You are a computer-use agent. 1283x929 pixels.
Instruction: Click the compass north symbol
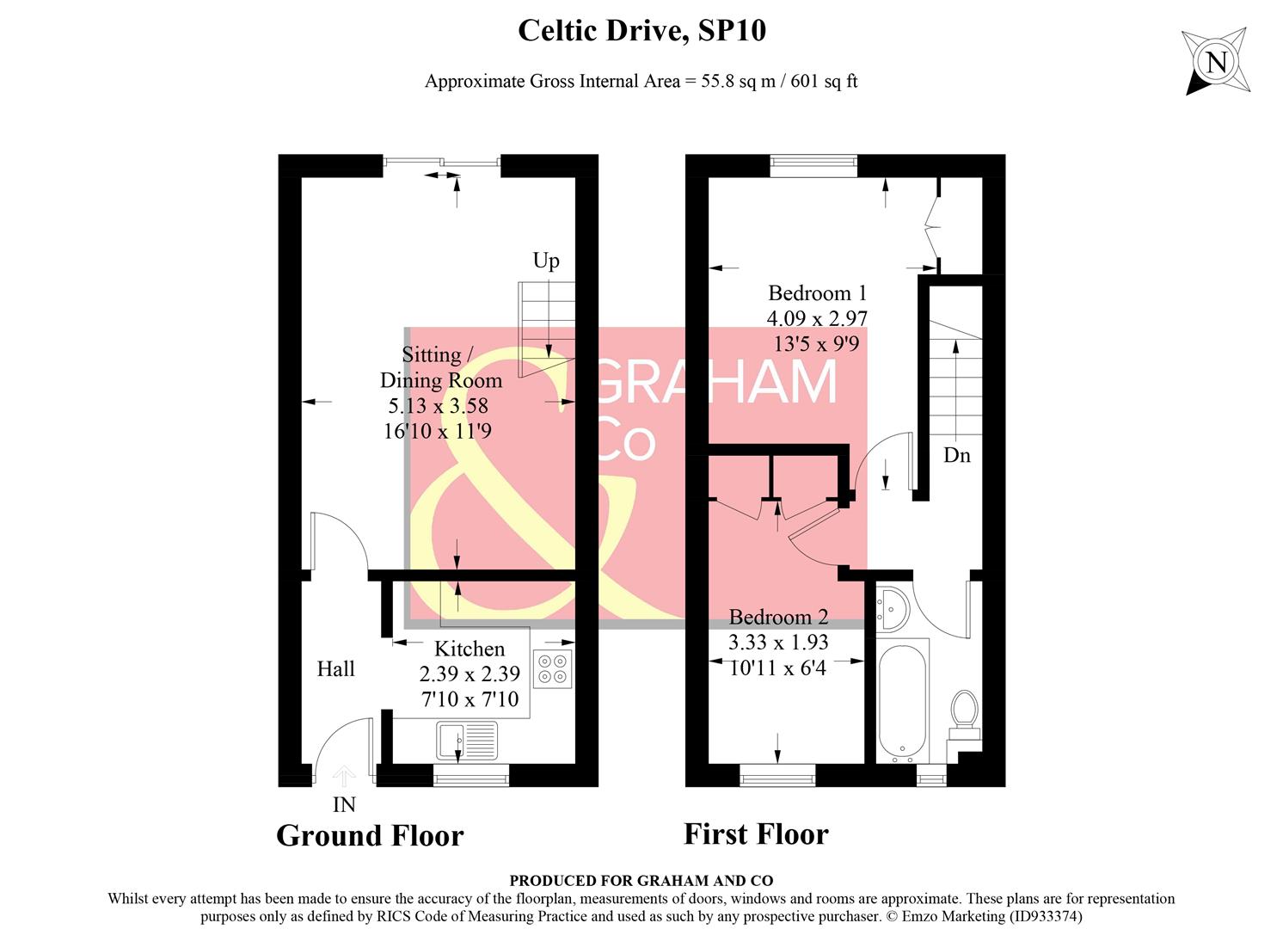click(x=1215, y=62)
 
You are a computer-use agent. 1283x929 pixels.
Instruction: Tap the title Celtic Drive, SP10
click(x=641, y=31)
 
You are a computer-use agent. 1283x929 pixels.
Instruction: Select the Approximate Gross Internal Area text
click(x=641, y=82)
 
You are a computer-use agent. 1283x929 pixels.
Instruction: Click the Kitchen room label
click(x=469, y=649)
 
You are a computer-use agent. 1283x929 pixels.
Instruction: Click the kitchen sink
click(x=466, y=740)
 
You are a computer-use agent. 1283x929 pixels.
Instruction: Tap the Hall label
click(x=335, y=669)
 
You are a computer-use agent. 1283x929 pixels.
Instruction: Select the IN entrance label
click(x=344, y=805)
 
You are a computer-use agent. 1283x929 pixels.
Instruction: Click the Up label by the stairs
click(x=546, y=261)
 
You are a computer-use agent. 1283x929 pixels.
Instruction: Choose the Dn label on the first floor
click(x=956, y=455)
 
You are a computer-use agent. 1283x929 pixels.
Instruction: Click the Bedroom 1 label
click(x=817, y=293)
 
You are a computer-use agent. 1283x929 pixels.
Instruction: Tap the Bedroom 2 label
click(x=778, y=617)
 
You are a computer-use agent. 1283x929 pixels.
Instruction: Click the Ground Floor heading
click(x=370, y=835)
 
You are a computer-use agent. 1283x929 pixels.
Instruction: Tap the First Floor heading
click(x=756, y=834)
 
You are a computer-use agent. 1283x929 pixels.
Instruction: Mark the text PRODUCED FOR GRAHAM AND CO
click(x=641, y=881)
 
